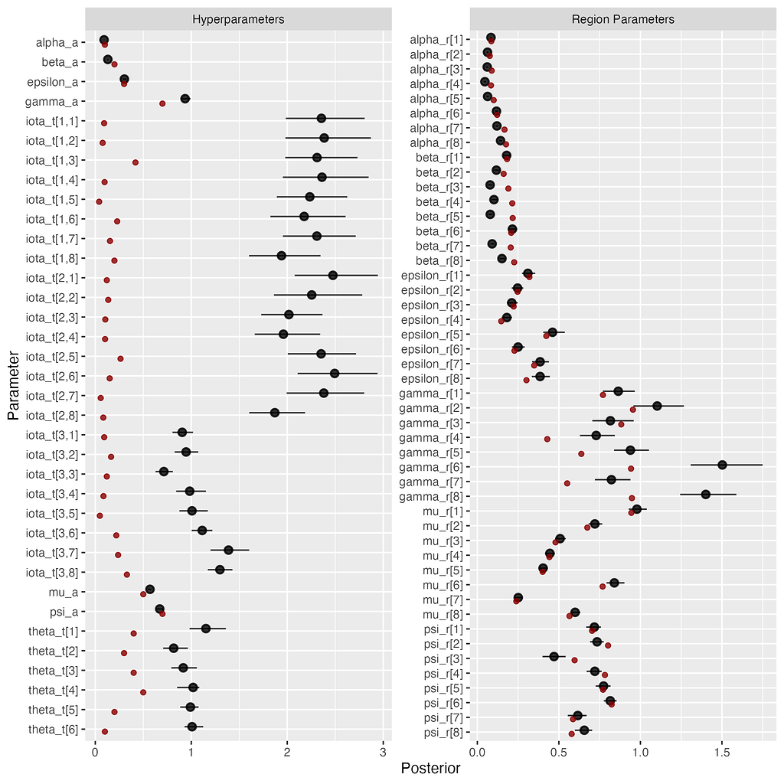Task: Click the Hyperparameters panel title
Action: click(238, 19)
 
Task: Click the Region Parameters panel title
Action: click(622, 19)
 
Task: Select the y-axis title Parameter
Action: click(13, 385)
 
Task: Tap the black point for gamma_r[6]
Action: click(722, 465)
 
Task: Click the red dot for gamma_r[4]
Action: click(547, 439)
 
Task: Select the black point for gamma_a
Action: click(185, 99)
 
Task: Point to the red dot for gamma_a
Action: click(162, 103)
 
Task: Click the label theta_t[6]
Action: click(57, 730)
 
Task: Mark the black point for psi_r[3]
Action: click(554, 656)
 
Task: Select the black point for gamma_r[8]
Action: click(705, 495)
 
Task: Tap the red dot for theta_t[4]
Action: click(142, 691)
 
